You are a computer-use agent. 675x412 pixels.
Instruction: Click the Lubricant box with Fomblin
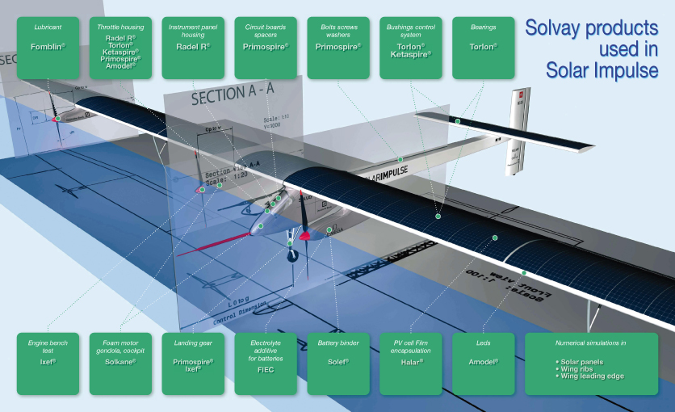tap(48, 46)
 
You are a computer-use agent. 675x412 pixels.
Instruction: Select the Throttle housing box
tap(121, 46)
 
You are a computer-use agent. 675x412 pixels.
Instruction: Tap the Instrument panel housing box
tap(193, 46)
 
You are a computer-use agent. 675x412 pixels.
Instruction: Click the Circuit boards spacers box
tap(266, 46)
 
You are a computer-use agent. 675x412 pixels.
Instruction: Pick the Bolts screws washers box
tap(339, 46)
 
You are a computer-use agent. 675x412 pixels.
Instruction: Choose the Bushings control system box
tap(412, 46)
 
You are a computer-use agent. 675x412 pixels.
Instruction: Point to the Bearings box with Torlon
tap(484, 46)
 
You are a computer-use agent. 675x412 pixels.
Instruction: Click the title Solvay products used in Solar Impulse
tap(591, 48)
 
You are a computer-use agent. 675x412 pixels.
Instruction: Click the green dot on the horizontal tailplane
tap(457, 121)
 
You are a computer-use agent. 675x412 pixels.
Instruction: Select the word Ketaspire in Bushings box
tap(412, 53)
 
